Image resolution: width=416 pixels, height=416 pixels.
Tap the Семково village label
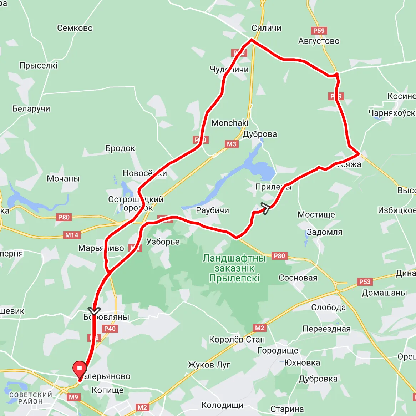tap(75, 28)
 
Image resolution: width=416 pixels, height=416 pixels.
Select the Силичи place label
tap(266, 28)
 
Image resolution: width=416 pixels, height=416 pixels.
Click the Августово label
tap(319, 41)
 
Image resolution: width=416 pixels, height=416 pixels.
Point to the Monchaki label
tap(230, 123)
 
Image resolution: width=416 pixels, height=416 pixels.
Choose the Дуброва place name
tap(260, 134)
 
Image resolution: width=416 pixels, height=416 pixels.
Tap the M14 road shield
tap(72, 235)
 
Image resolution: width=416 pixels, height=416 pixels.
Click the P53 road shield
tap(365, 282)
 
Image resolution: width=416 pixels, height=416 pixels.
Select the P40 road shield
tap(110, 329)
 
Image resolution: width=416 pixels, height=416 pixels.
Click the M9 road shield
tap(73, 397)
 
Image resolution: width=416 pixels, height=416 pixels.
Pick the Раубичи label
tap(213, 210)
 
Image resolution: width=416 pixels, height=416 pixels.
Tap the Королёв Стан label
tap(237, 340)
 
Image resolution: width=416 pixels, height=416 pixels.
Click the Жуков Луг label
tap(209, 365)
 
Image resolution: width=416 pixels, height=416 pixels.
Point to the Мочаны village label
tap(64, 178)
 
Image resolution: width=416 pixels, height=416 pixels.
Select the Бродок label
tap(120, 148)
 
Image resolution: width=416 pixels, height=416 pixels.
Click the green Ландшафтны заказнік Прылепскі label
tap(234, 268)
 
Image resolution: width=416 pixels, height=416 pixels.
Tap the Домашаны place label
tap(384, 293)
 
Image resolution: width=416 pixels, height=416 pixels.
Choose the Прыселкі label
tap(39, 66)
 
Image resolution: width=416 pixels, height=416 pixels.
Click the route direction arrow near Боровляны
tap(94, 311)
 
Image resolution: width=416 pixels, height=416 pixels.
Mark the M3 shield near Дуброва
tap(232, 144)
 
